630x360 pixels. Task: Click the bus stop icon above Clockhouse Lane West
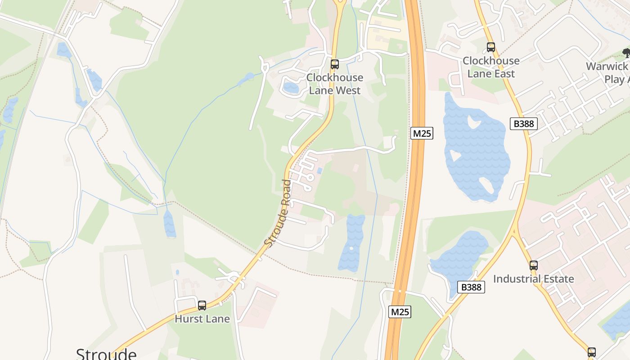coord(334,64)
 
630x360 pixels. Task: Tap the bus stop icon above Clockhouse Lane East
coord(490,47)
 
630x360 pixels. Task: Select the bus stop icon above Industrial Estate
coord(533,265)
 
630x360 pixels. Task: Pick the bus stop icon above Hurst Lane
coord(202,306)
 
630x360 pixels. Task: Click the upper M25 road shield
coord(422,133)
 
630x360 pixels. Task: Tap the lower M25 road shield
coord(400,311)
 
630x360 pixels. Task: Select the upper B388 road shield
coord(524,124)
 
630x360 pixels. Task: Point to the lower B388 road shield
coord(471,287)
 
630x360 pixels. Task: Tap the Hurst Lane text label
coord(202,319)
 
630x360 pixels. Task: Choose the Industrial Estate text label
coord(533,279)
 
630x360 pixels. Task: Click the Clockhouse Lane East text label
coord(491,67)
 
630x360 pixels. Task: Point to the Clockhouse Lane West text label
coord(334,84)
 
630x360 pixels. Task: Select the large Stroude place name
coord(106,354)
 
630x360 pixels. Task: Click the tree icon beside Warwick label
coord(626,54)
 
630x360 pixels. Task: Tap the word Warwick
coord(607,67)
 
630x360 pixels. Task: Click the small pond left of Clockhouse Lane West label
coord(291,88)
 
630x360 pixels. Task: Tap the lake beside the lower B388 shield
coord(457,259)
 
